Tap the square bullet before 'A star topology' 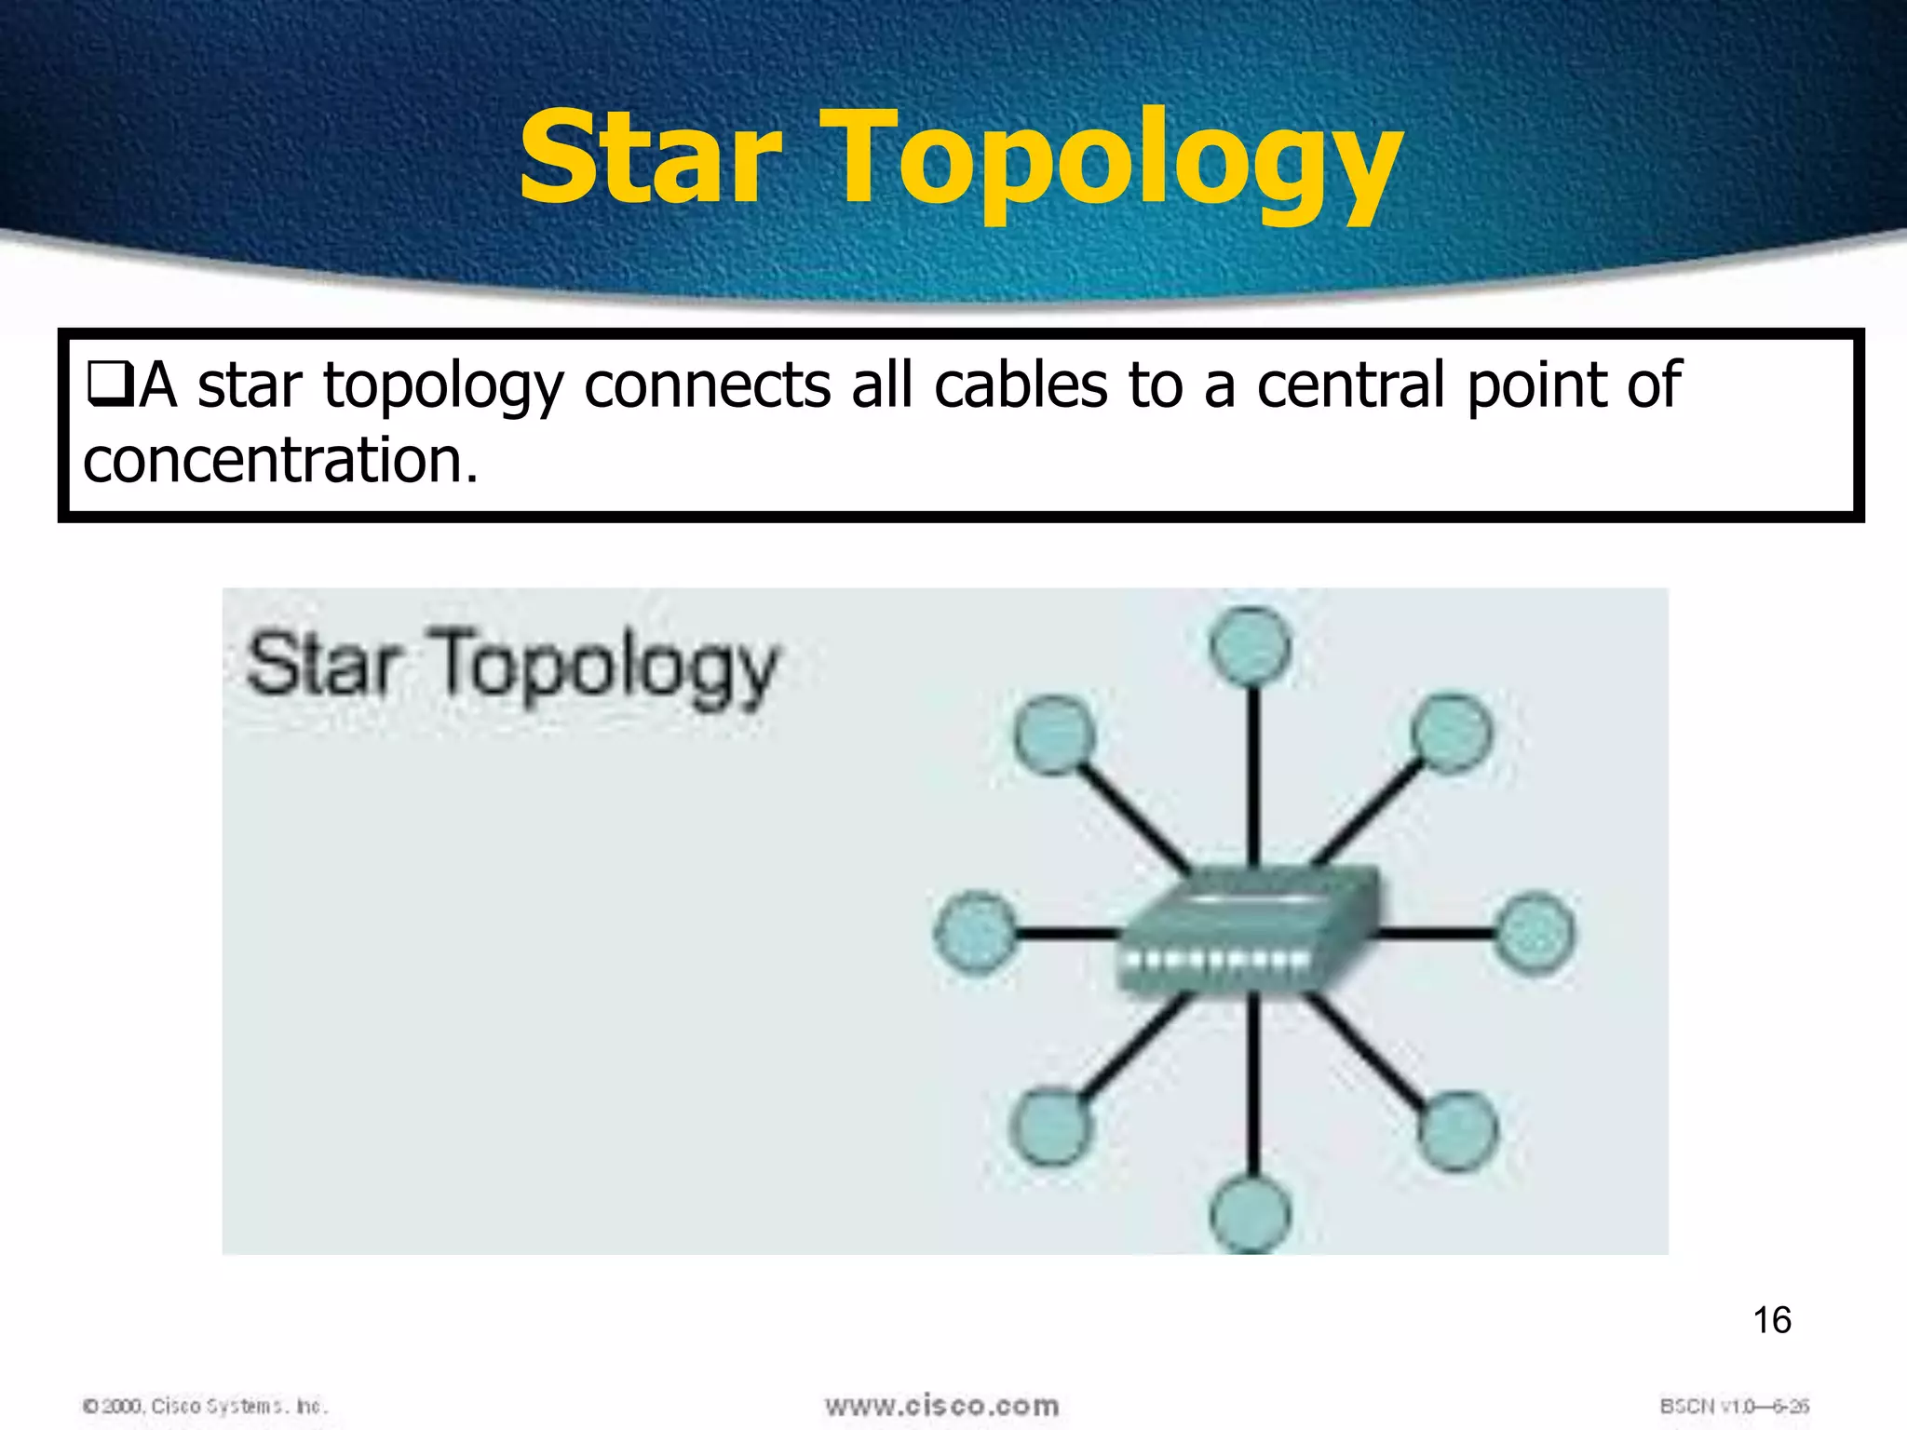pyautogui.click(x=109, y=385)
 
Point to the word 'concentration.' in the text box pyautogui.click(x=280, y=461)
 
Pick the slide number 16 pyautogui.click(x=1771, y=1320)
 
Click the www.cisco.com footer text pyautogui.click(x=941, y=1405)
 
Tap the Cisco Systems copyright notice pyautogui.click(x=206, y=1406)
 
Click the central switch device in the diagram pyautogui.click(x=1248, y=931)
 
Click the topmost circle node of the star pyautogui.click(x=1251, y=645)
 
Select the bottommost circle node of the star pyautogui.click(x=1251, y=1215)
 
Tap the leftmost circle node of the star pyautogui.click(x=975, y=932)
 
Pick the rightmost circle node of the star pyautogui.click(x=1535, y=932)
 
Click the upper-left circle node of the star pyautogui.click(x=1053, y=735)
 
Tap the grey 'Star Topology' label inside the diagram pyautogui.click(x=512, y=666)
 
